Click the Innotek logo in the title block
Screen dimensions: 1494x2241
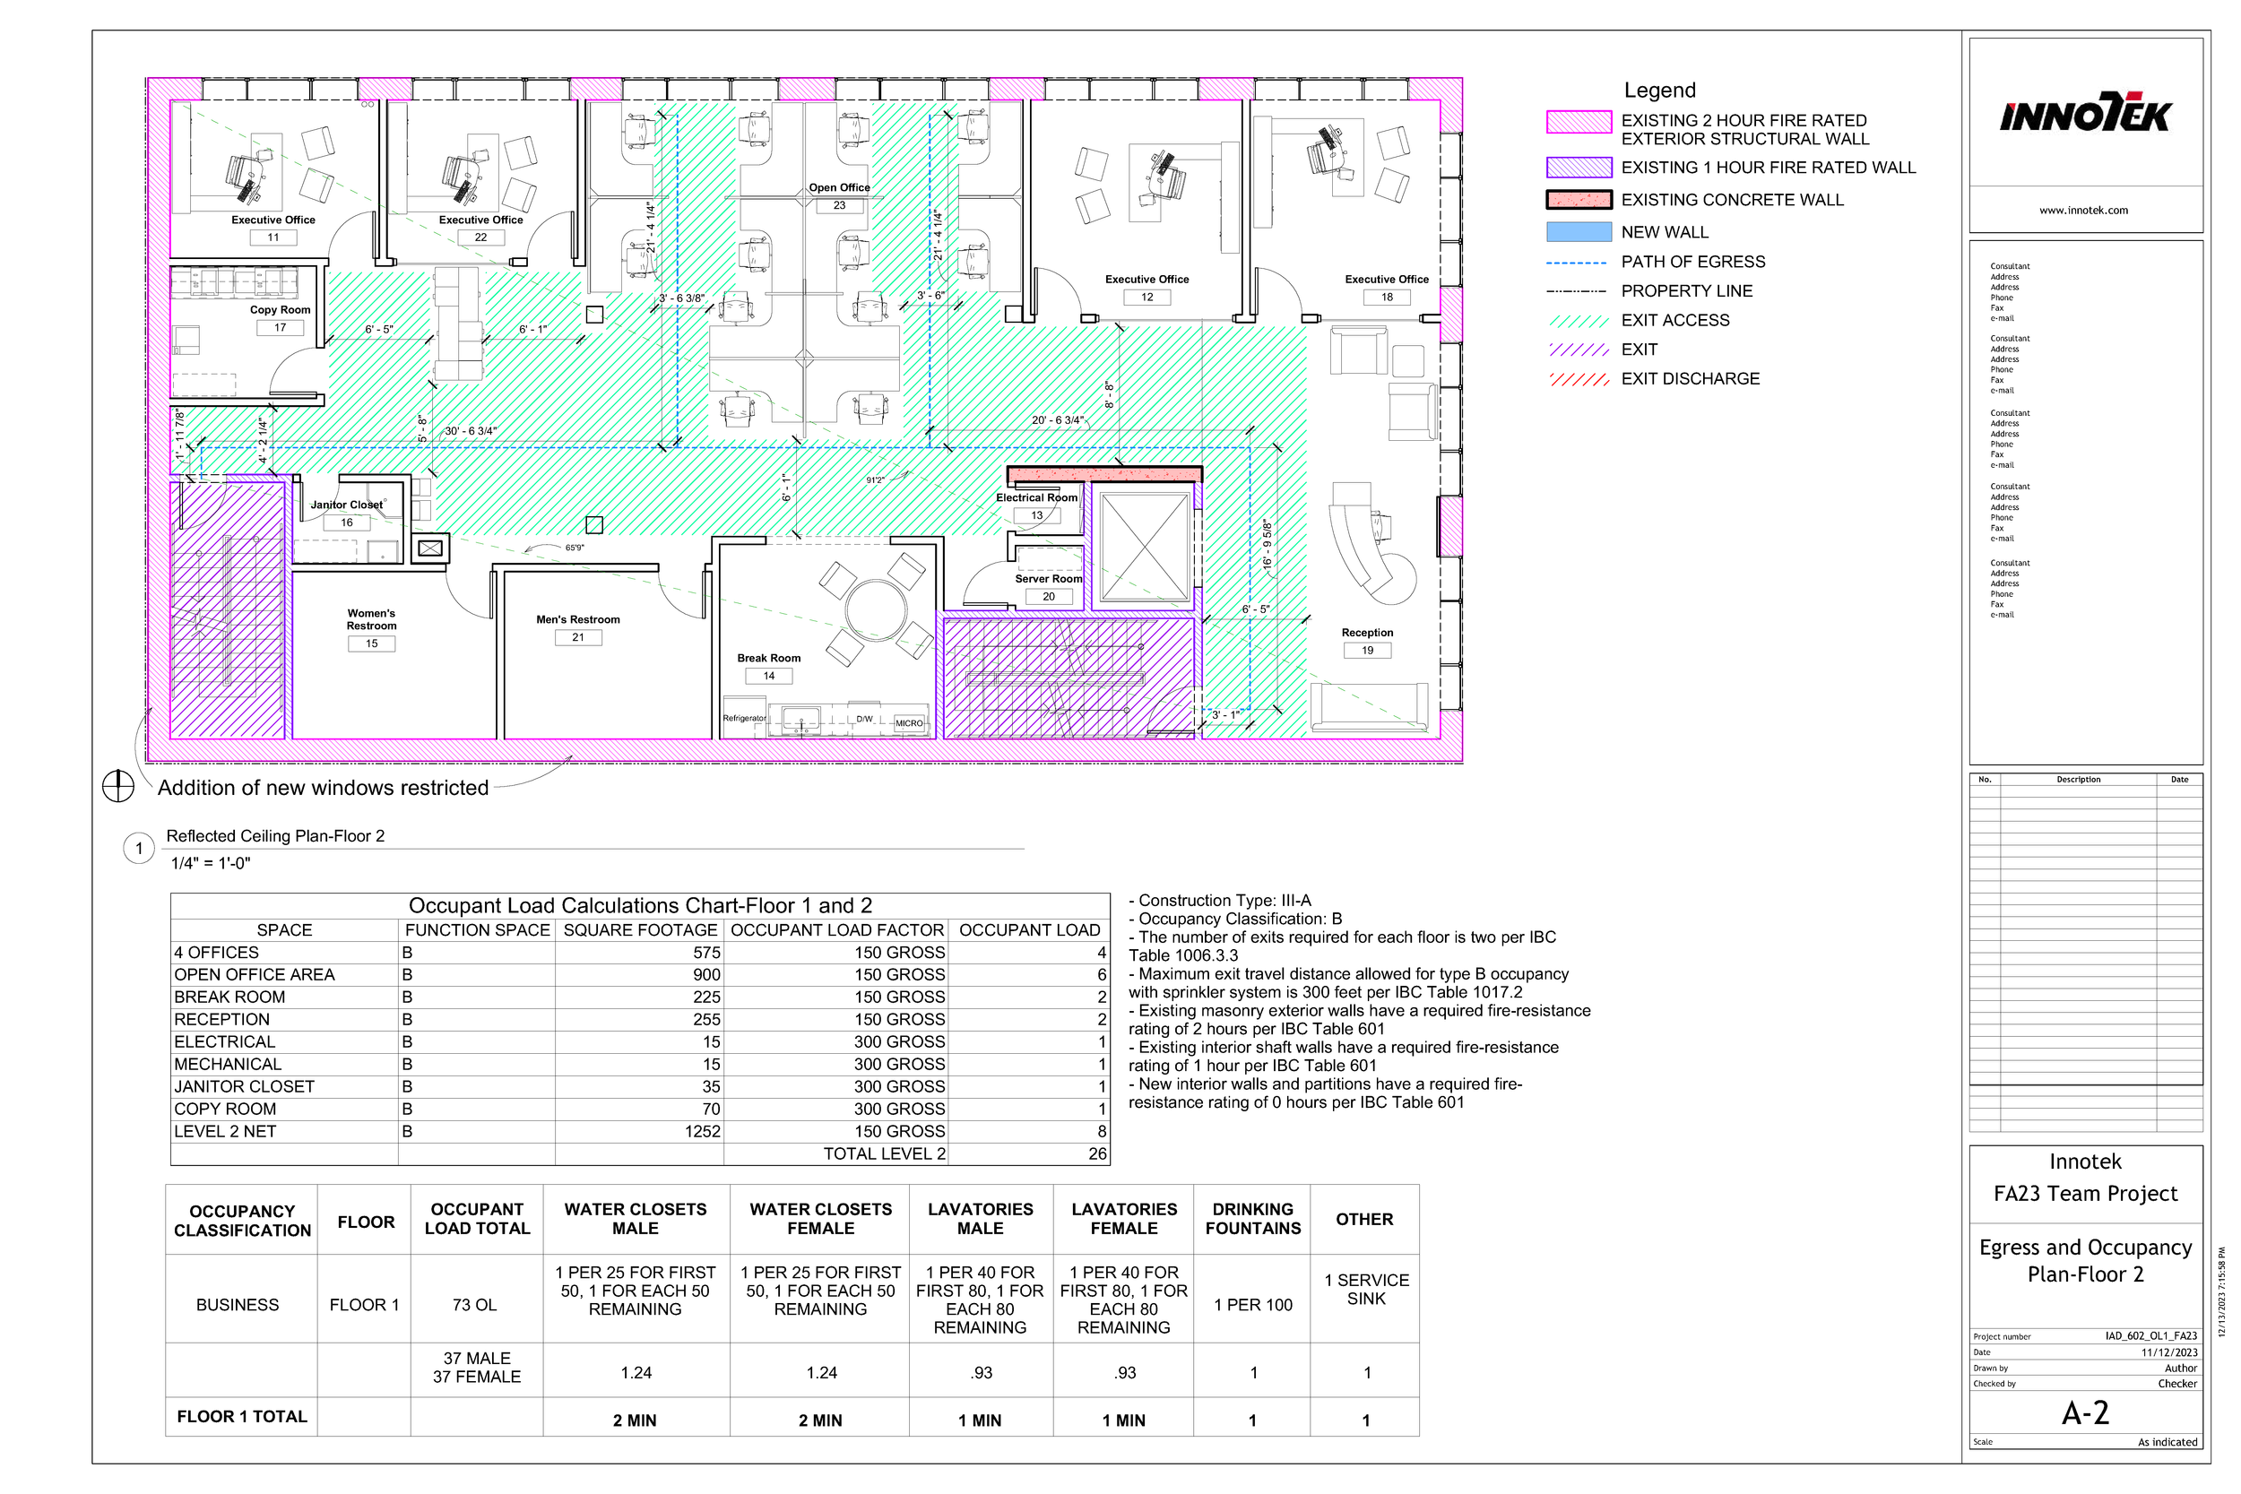[x=2085, y=116]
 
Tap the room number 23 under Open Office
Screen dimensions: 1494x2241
[x=839, y=205]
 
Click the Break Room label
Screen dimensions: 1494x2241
[x=769, y=659]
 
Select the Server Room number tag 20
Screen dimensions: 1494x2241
[x=1048, y=597]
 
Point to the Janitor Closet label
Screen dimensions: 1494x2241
[x=346, y=505]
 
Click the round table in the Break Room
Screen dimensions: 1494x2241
[x=876, y=609]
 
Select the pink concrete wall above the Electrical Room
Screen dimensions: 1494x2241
[x=1104, y=473]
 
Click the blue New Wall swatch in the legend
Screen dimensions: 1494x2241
[x=1578, y=231]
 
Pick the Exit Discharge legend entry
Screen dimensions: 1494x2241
[x=1690, y=378]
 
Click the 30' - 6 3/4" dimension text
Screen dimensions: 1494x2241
[x=471, y=432]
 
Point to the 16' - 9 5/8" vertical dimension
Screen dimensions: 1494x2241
[x=1268, y=544]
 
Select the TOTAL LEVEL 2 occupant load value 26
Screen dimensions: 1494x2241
[x=1096, y=1153]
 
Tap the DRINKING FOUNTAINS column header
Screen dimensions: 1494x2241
[x=1252, y=1219]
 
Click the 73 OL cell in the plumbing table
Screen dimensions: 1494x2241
[x=474, y=1304]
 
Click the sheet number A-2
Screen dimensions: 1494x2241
[x=2085, y=1413]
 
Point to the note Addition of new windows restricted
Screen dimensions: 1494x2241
[x=323, y=788]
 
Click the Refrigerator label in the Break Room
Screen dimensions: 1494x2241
[x=743, y=719]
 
